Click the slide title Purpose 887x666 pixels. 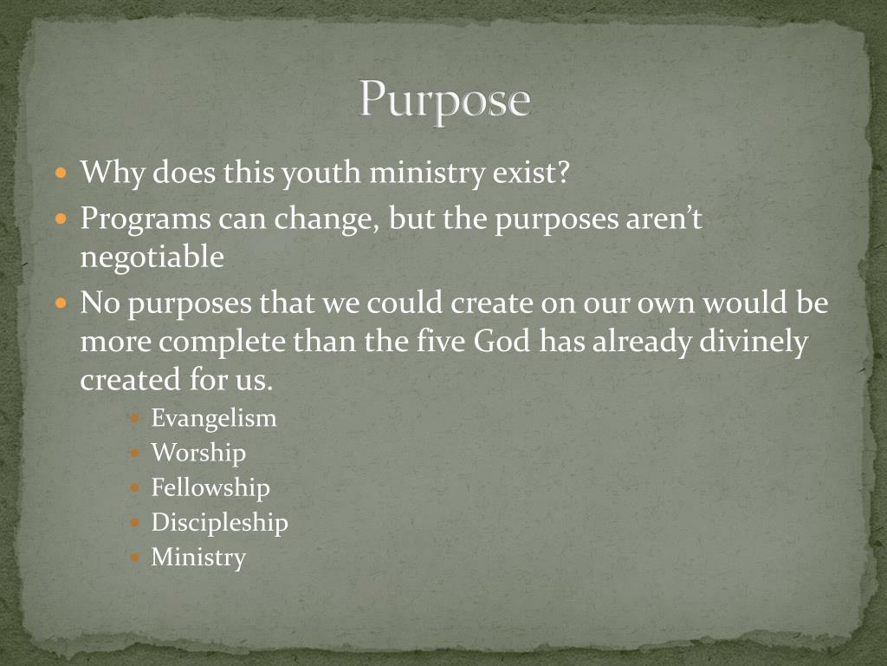[x=444, y=100]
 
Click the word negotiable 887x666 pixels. [x=152, y=258]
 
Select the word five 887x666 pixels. [x=438, y=342]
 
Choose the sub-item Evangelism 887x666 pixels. [x=214, y=419]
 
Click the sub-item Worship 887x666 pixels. [x=198, y=453]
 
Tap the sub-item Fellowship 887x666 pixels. [x=210, y=487]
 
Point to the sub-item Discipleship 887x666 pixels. [x=219, y=522]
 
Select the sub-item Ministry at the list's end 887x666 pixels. [x=198, y=557]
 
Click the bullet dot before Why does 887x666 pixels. [x=61, y=173]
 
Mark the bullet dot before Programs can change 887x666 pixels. [x=61, y=219]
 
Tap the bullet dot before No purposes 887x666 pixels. [x=61, y=304]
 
